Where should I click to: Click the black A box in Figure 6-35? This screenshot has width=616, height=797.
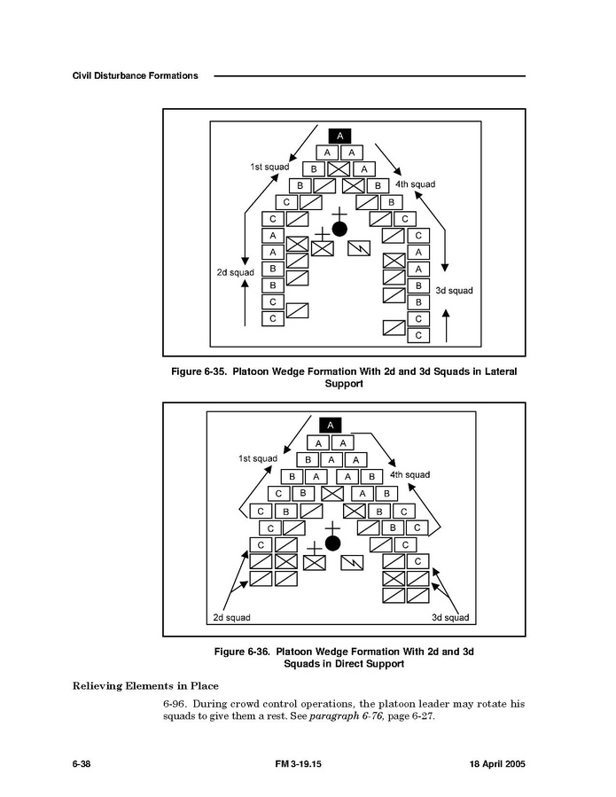(339, 136)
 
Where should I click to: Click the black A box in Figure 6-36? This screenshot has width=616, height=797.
(331, 426)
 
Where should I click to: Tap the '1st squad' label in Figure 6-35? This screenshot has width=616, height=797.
(269, 167)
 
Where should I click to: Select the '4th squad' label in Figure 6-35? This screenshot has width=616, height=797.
(415, 184)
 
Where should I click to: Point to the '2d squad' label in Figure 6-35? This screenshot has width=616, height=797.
(235, 272)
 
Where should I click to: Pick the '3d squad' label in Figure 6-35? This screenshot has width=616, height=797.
(454, 291)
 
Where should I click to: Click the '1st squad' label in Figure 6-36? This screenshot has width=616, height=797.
(258, 458)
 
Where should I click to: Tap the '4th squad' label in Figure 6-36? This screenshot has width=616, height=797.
(409, 475)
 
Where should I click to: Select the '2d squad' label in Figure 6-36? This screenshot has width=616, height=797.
(231, 618)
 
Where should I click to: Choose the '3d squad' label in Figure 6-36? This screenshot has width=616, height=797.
(450, 618)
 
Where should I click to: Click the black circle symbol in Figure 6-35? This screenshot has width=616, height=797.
(339, 230)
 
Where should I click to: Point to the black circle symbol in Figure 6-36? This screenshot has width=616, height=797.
(332, 543)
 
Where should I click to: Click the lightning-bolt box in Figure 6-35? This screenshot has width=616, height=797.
(359, 248)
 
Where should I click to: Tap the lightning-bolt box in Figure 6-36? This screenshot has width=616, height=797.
(352, 562)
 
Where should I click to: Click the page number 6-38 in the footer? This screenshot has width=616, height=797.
(82, 764)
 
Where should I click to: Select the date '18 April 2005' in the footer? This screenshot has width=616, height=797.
(497, 764)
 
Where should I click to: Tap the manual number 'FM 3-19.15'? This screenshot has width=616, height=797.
(299, 764)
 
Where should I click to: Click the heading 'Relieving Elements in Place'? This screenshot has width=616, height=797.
(145, 686)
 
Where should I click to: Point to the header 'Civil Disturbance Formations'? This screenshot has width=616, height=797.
(136, 75)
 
